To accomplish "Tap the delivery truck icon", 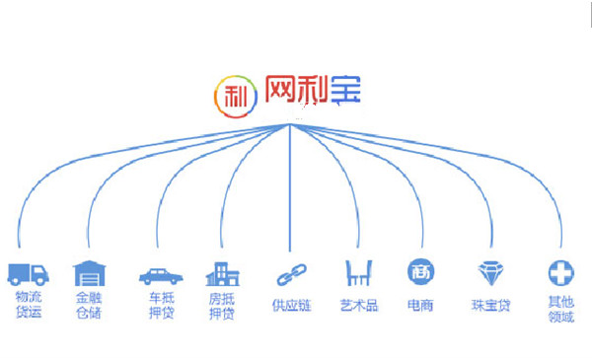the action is pos(29,273).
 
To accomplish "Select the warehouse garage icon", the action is pos(89,273).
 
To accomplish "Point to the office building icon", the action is pos(220,273).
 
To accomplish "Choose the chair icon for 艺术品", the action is pos(358,272).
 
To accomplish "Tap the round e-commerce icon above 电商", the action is pos(418,272).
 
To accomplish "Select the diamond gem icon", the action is pos(490,272).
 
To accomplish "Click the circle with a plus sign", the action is pos(559,272).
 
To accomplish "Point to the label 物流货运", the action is pos(29,305).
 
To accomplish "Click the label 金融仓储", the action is pos(89,305).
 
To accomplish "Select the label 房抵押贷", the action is pos(222,305).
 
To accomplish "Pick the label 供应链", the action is pos(291,306).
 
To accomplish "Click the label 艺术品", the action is pos(359,306).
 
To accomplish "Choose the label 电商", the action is pos(419,306).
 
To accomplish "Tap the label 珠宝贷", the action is pos(490,306).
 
